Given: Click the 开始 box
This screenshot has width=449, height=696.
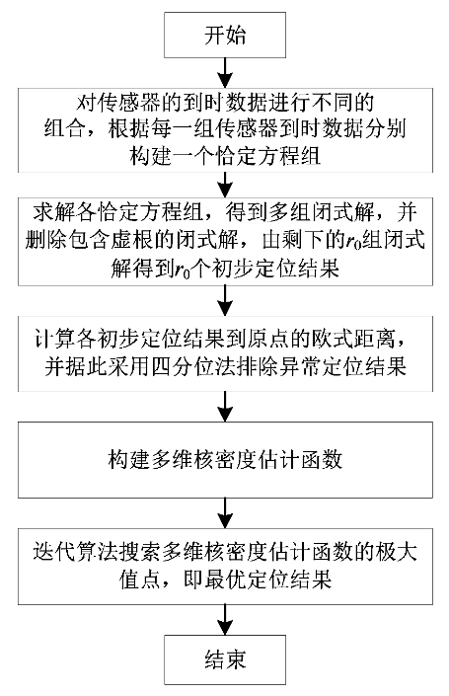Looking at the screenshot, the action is [x=225, y=36].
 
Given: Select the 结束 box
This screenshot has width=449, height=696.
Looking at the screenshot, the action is [x=225, y=659].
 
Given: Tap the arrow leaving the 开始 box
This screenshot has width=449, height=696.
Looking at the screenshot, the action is [x=225, y=73].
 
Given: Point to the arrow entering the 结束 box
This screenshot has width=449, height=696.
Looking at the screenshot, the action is [x=225, y=620].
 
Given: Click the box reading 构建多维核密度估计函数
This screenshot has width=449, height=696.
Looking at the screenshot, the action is [x=225, y=460].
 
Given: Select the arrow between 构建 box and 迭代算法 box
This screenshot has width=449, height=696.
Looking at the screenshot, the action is [x=225, y=513].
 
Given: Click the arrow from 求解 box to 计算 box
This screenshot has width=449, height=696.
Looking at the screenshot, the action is [x=225, y=300].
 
